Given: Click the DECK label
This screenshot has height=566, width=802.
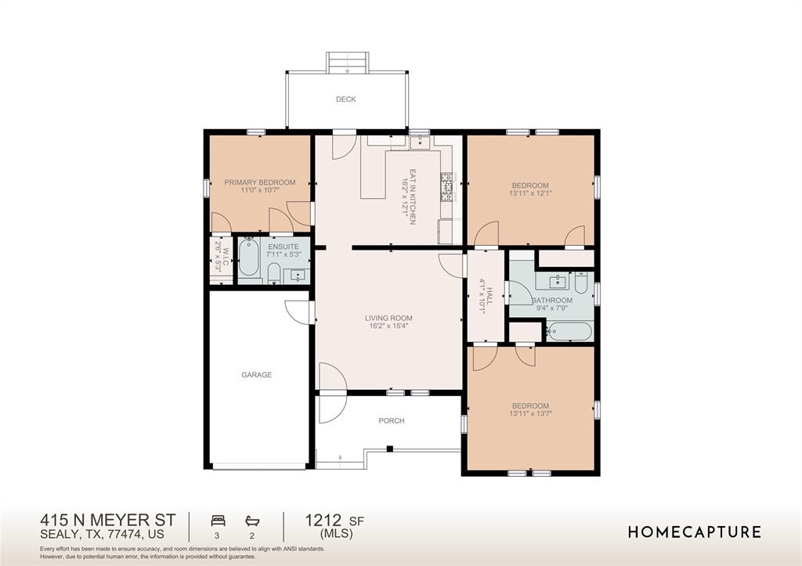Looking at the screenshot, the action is click(x=345, y=99).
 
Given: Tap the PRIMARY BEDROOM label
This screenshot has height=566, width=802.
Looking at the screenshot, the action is click(x=260, y=182).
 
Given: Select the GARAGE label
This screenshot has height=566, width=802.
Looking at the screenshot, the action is click(x=256, y=375).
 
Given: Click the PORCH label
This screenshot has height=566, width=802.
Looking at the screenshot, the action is click(x=392, y=421).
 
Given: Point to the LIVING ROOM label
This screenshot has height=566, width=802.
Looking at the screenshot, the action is click(x=388, y=318).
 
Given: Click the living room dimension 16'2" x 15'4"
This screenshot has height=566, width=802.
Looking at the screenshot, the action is click(x=388, y=326).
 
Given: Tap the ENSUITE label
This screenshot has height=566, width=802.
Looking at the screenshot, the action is click(x=284, y=247).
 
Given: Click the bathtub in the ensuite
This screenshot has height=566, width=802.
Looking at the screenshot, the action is click(x=249, y=257).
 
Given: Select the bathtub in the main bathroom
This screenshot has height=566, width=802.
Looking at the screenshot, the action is click(x=569, y=331).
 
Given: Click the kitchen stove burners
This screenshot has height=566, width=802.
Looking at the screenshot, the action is click(x=446, y=187).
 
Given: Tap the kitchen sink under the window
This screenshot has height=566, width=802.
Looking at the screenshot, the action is click(x=421, y=142).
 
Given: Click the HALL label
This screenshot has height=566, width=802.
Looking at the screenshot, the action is click(x=490, y=296).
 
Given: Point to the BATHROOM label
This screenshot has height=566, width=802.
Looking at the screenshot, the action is click(x=552, y=300).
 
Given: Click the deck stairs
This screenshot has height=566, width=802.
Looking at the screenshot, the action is click(x=348, y=63).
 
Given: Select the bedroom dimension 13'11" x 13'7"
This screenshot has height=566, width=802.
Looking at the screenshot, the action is click(x=531, y=413).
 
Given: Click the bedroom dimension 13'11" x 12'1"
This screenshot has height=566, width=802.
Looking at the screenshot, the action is click(x=530, y=193).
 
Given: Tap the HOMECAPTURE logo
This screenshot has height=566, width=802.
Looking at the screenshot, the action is click(x=694, y=532).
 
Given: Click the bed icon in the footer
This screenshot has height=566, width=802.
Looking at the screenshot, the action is click(x=218, y=521).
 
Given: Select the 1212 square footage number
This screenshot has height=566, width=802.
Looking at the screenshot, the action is click(x=323, y=521).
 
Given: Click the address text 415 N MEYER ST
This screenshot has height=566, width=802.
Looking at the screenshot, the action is click(x=108, y=520).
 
